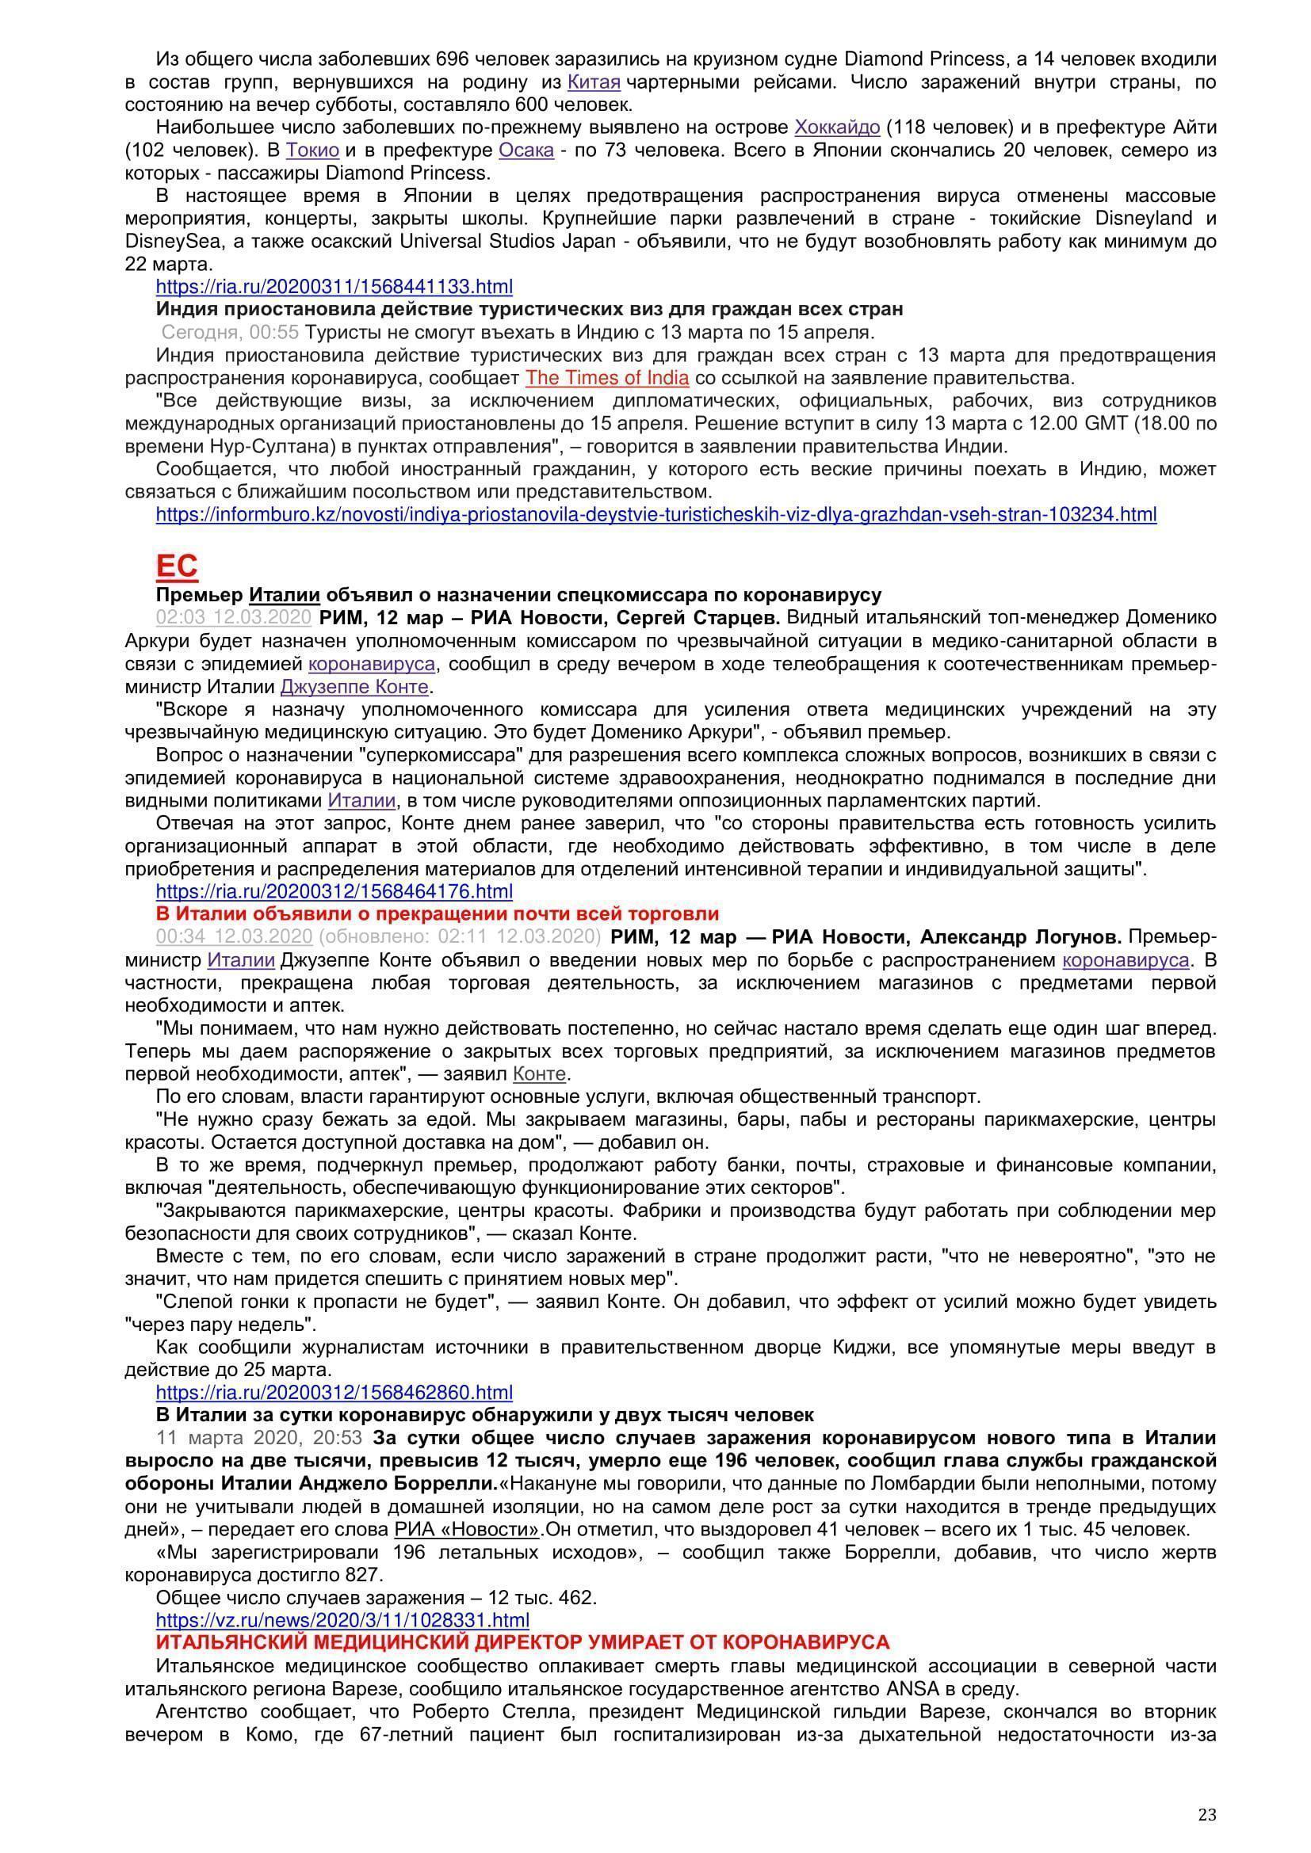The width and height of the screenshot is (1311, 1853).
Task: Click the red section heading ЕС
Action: (x=176, y=566)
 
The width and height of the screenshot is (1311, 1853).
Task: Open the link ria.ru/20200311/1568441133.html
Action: (x=334, y=287)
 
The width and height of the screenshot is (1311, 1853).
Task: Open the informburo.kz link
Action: (x=655, y=514)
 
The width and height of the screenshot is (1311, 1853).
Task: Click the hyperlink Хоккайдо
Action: (x=837, y=128)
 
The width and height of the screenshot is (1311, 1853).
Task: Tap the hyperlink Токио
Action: (x=312, y=150)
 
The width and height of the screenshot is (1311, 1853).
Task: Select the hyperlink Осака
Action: (x=526, y=150)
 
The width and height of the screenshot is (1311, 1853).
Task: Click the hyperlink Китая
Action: (x=594, y=82)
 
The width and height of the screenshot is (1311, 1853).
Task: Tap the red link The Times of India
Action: (x=607, y=378)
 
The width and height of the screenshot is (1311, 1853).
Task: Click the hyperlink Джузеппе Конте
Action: (x=354, y=687)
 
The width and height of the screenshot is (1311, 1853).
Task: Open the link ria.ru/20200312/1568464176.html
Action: (x=334, y=891)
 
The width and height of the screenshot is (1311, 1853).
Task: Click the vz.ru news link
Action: (x=342, y=1620)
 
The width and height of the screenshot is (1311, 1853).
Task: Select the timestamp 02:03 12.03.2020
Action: (x=233, y=617)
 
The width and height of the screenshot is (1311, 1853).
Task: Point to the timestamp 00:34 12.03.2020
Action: (x=233, y=936)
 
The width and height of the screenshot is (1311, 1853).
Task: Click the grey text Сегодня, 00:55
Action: (x=229, y=332)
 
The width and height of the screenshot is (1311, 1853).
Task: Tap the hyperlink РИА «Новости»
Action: (x=467, y=1529)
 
